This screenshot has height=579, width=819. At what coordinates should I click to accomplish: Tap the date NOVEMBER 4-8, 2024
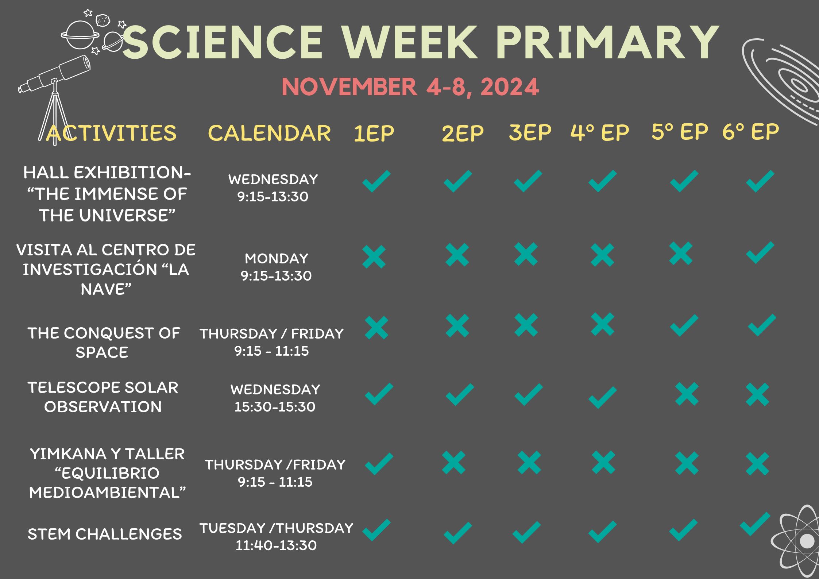[410, 87]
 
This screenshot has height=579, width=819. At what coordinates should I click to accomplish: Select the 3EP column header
[530, 132]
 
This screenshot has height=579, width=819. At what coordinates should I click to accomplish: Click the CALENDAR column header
[269, 133]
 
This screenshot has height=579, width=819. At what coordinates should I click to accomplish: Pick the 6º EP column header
[751, 132]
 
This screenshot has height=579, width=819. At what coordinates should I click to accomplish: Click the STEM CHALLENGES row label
[105, 534]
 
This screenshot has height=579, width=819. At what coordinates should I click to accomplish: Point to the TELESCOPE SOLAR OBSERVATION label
[103, 397]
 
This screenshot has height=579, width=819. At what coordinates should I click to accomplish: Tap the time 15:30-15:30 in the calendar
[275, 407]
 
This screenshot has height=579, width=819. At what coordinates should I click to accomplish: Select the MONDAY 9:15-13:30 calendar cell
[276, 267]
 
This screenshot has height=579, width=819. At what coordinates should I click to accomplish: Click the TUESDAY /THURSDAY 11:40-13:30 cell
[276, 537]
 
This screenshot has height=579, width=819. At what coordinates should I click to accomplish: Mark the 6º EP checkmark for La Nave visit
[760, 252]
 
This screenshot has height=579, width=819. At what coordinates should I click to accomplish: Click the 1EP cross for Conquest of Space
[376, 328]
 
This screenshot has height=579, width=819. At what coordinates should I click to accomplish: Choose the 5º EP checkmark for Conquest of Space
[684, 325]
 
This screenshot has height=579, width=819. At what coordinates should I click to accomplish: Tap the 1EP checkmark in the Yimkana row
[379, 464]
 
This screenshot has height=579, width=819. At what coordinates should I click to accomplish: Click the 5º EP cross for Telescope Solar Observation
[687, 394]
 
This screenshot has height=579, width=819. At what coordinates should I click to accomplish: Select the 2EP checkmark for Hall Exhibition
[458, 181]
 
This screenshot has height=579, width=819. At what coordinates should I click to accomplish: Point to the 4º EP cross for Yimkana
[604, 463]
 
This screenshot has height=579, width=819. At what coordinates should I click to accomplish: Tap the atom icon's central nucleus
[807, 541]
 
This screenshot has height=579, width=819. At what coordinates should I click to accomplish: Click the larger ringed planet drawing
[80, 35]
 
